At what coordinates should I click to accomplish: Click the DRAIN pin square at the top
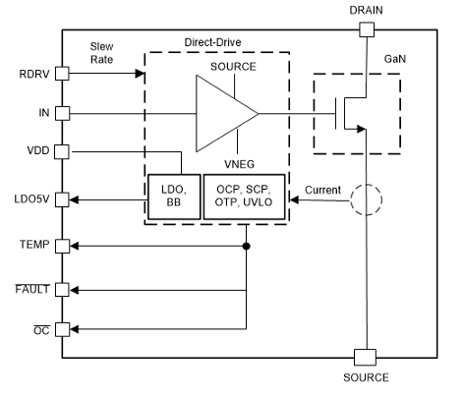[x=366, y=30]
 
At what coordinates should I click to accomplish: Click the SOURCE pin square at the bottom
[x=366, y=356]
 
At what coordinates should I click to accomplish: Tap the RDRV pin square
[x=61, y=74]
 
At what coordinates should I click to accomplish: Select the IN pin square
[x=61, y=113]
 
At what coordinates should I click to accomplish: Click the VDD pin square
[x=61, y=152]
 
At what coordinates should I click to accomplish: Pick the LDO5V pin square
[x=61, y=199]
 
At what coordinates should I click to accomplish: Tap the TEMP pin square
[x=61, y=245]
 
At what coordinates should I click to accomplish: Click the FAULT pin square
[x=61, y=289]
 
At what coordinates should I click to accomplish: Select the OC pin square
[x=61, y=329]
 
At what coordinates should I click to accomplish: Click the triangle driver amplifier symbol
[x=223, y=113]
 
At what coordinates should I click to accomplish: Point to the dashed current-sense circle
[x=366, y=200]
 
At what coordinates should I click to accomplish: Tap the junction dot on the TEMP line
[x=246, y=245]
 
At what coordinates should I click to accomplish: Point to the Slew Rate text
[x=101, y=53]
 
